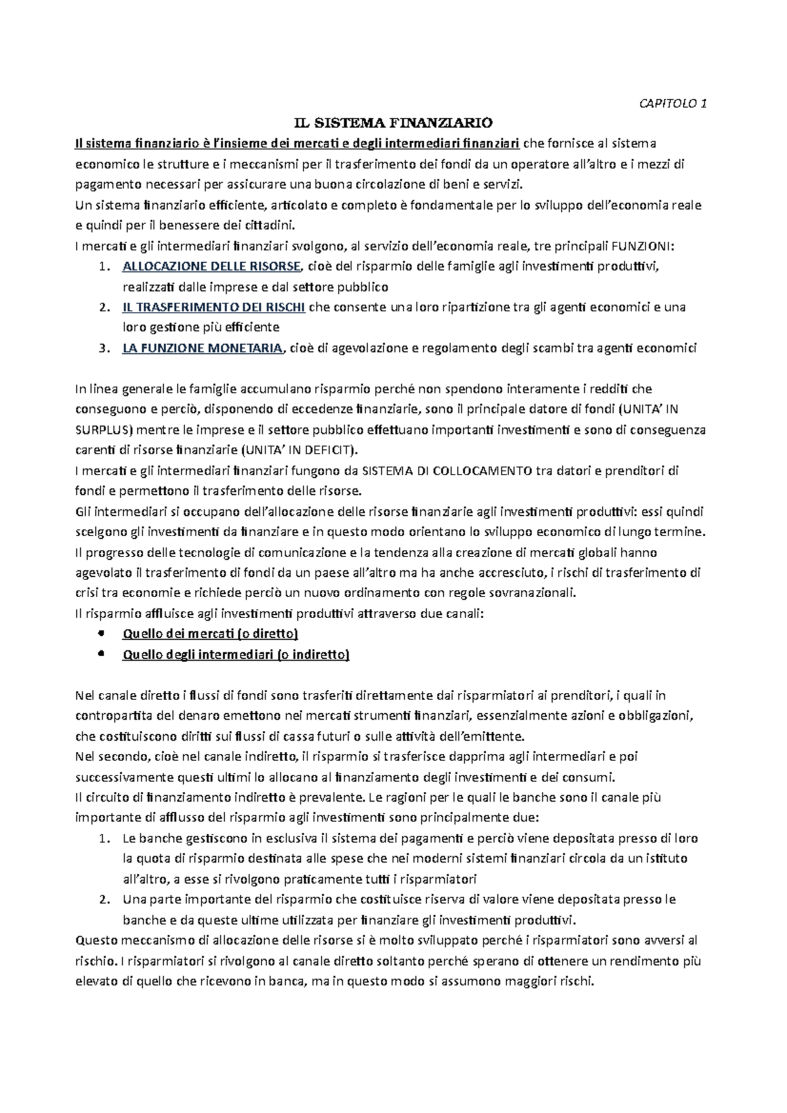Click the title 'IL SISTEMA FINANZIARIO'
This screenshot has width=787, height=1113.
tap(393, 123)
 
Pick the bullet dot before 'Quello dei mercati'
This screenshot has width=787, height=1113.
tap(100, 634)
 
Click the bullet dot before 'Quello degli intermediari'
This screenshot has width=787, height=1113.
tap(100, 654)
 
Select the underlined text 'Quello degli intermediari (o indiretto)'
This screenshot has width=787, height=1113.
tap(236, 655)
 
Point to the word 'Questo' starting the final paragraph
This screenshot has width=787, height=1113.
tap(96, 941)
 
